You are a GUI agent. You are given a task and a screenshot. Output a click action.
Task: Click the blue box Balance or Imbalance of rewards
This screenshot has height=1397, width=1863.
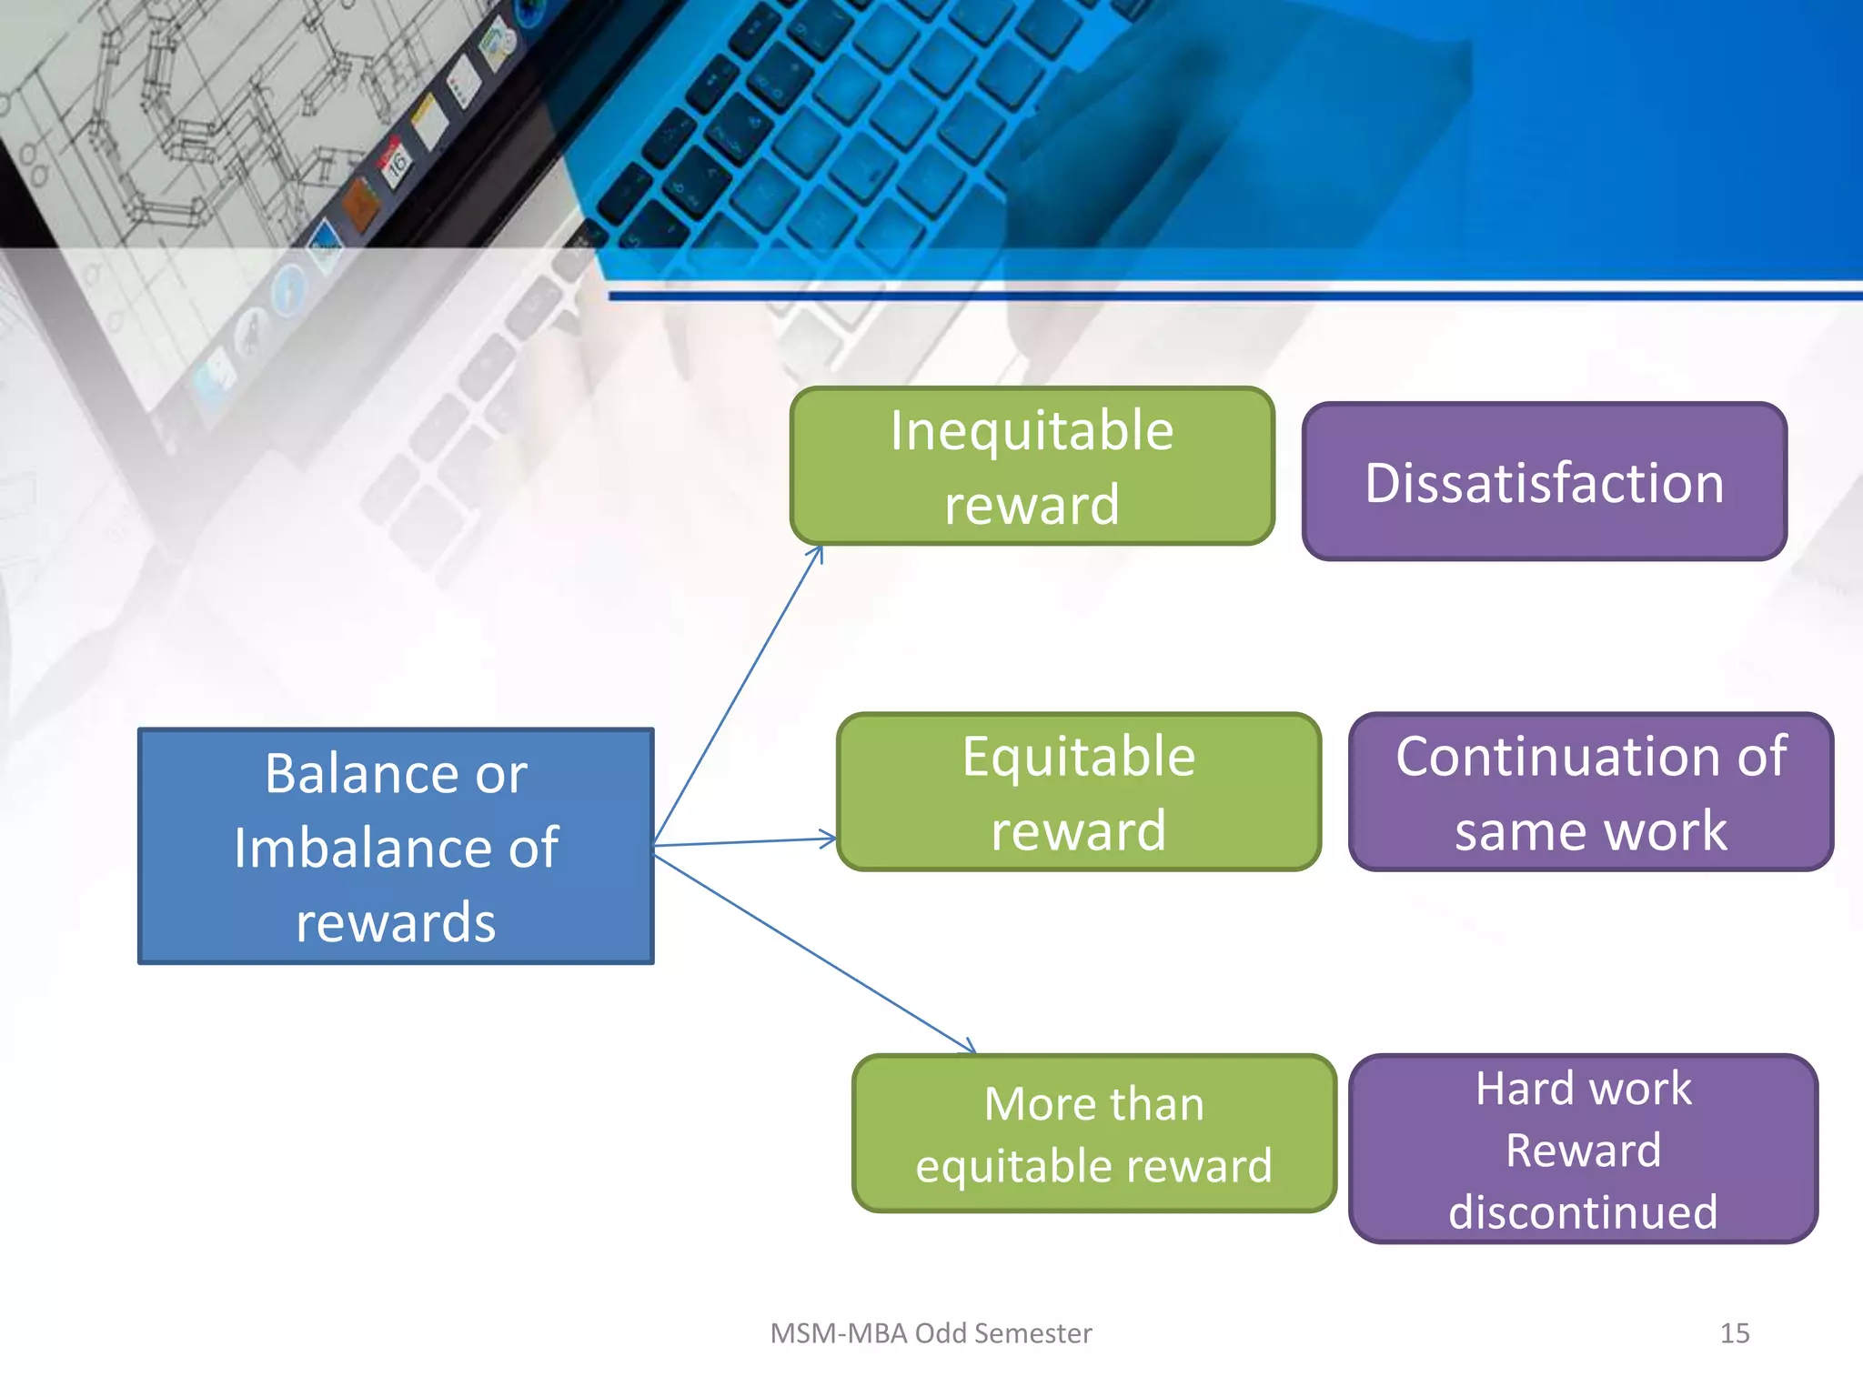[x=396, y=845]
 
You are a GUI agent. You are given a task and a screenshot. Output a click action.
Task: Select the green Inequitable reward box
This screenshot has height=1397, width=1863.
[x=1032, y=466]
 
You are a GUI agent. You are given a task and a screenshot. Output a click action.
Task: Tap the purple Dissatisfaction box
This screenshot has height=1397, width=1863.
[x=1544, y=481]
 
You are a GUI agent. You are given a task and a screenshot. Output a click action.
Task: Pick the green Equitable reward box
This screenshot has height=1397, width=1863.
[x=1078, y=791]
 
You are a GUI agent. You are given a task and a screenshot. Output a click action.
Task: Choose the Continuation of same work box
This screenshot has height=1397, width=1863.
[x=1590, y=791]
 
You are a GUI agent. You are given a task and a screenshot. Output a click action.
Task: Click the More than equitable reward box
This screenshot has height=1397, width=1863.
[x=1093, y=1133]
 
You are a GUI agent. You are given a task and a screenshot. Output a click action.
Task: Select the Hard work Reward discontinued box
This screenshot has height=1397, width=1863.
[x=1583, y=1149]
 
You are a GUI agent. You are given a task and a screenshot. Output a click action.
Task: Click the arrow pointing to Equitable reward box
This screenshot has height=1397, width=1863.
[x=746, y=841]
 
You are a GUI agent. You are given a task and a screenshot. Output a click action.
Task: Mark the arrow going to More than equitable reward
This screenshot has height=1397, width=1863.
[x=814, y=954]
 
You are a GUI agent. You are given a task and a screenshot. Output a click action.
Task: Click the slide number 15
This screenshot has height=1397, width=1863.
[x=1734, y=1333]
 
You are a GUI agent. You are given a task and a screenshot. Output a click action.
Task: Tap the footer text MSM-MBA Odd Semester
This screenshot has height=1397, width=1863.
[x=930, y=1333]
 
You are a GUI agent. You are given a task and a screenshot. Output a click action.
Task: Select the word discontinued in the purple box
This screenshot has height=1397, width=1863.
[x=1583, y=1211]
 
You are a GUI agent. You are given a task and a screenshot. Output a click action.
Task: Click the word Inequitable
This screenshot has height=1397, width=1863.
[x=1032, y=430]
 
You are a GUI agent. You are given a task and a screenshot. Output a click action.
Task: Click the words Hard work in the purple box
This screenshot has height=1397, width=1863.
[x=1583, y=1089]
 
